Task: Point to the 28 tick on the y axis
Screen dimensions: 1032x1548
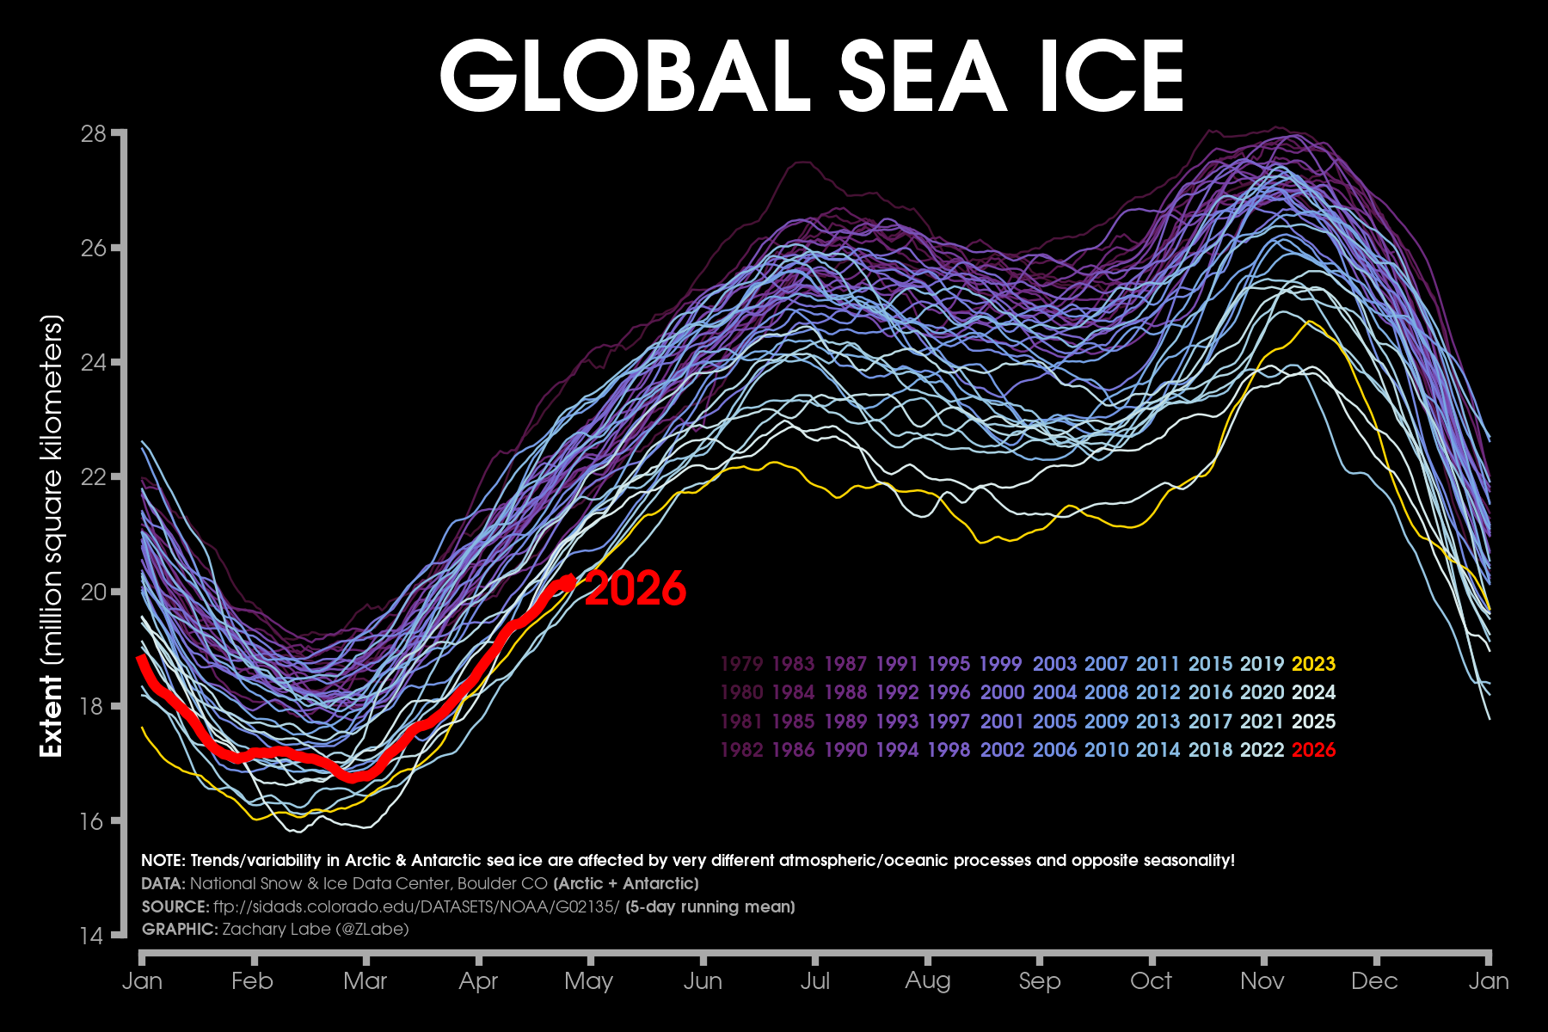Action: click(94, 133)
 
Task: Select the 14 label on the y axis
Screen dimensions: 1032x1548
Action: click(94, 936)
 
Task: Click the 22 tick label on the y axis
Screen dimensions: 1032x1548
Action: click(94, 477)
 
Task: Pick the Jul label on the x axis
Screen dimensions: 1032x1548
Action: click(814, 981)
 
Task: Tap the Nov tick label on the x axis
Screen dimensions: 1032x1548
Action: click(1262, 981)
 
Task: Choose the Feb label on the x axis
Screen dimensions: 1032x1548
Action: click(252, 981)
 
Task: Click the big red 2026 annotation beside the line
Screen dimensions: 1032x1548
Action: click(636, 589)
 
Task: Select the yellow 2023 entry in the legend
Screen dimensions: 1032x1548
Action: click(1313, 664)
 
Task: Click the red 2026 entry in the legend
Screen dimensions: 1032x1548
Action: click(1313, 750)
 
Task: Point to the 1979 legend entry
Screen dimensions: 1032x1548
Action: click(741, 664)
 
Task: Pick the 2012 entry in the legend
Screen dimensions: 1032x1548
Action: click(1158, 692)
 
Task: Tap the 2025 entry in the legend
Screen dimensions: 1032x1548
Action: click(1313, 722)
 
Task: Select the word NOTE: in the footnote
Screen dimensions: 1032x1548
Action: click(163, 861)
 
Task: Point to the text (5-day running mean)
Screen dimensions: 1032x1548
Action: click(709, 906)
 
